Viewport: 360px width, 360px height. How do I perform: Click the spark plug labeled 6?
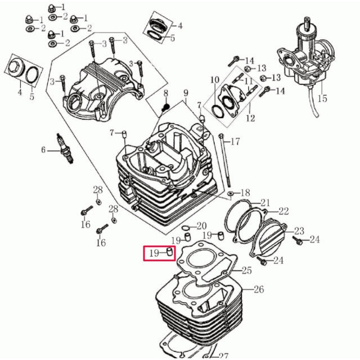(x=65, y=148)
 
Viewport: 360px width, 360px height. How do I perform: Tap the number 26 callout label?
(x=259, y=290)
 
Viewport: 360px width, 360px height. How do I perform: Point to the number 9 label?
(x=186, y=93)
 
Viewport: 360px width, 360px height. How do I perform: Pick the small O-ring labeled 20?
(x=185, y=228)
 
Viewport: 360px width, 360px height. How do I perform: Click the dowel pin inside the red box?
(x=170, y=253)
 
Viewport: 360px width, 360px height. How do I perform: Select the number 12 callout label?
(x=250, y=118)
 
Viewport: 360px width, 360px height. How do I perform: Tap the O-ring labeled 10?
(x=217, y=111)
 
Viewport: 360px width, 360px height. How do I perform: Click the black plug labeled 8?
(x=165, y=107)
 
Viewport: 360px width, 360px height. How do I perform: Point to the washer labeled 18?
(x=230, y=194)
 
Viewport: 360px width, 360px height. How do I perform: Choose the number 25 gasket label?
(x=247, y=271)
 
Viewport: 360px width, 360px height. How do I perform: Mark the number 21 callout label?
(x=265, y=202)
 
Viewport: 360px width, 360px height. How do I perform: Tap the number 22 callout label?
(x=283, y=211)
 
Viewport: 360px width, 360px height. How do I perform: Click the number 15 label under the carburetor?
(x=322, y=98)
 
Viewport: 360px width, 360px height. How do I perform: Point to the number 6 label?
(x=43, y=150)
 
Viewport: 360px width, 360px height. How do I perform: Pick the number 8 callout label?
(x=166, y=94)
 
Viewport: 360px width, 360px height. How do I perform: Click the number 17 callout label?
(x=235, y=142)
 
